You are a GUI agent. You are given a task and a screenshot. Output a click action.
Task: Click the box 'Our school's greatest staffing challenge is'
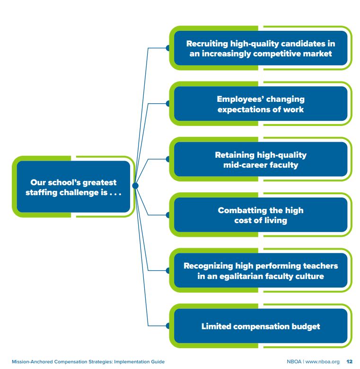(x=73, y=187)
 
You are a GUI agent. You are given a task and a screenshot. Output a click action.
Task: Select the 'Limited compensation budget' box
(x=261, y=326)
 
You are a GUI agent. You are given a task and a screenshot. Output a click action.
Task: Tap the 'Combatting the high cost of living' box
(x=261, y=215)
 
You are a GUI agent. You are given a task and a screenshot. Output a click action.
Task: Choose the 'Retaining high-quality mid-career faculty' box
(x=261, y=160)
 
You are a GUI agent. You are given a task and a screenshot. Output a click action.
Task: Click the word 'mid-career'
(x=246, y=165)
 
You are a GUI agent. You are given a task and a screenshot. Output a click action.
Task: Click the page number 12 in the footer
(x=350, y=361)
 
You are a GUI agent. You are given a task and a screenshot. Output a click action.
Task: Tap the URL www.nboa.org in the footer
(x=323, y=361)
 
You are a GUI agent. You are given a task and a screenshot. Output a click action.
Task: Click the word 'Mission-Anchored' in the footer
(x=31, y=361)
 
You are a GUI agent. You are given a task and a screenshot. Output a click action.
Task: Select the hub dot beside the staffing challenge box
(x=135, y=186)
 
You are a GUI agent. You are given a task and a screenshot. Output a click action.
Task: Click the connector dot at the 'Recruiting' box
(x=168, y=48)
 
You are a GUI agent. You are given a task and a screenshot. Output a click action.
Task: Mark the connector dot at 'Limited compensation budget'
(x=168, y=326)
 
